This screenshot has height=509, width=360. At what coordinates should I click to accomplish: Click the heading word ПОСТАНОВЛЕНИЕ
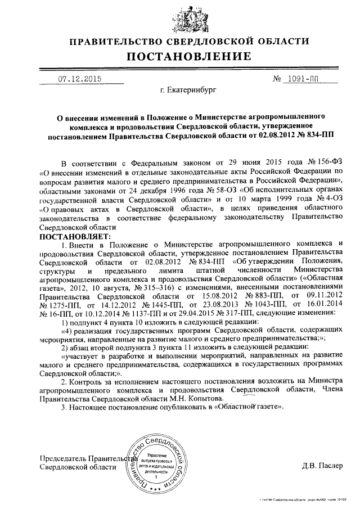click(x=188, y=57)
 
